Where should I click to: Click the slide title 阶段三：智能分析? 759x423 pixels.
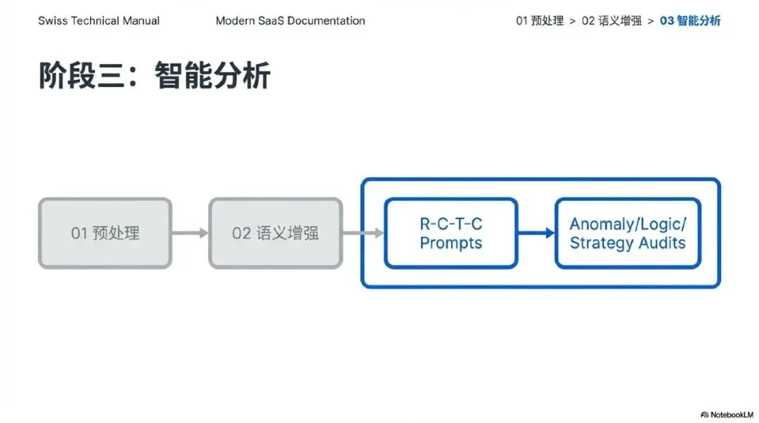(x=154, y=76)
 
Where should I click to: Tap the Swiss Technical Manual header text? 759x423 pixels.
(x=98, y=20)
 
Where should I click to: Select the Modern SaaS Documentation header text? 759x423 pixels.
(x=290, y=20)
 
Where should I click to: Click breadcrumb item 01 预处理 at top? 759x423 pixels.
(x=540, y=20)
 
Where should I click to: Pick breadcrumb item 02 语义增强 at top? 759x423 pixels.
(x=611, y=20)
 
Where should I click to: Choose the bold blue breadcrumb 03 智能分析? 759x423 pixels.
(x=690, y=20)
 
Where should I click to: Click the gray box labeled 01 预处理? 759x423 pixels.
(x=105, y=233)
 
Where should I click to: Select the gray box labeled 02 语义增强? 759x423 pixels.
(x=275, y=233)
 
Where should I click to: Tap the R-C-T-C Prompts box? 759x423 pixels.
(x=450, y=233)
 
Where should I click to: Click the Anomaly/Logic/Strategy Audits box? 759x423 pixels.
(x=628, y=233)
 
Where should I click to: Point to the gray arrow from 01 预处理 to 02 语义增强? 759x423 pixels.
(x=190, y=233)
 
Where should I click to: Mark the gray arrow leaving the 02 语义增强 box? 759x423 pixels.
(x=363, y=233)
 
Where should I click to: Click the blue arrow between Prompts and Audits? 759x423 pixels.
(x=536, y=233)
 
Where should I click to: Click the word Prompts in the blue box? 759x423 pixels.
(x=451, y=243)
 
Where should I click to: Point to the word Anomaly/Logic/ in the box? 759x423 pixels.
(x=628, y=224)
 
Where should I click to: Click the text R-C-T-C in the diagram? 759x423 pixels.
(x=451, y=224)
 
